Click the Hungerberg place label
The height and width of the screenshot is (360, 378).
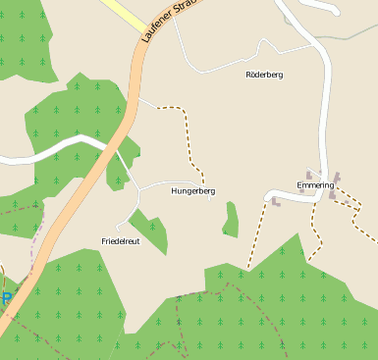pyautogui.click(x=192, y=191)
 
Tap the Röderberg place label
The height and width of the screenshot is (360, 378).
pyautogui.click(x=263, y=75)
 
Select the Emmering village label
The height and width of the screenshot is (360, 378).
pyautogui.click(x=315, y=184)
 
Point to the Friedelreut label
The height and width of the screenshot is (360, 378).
pyautogui.click(x=120, y=240)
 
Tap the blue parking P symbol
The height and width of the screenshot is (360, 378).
pyautogui.click(x=5, y=298)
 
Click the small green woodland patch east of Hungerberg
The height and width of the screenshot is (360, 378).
pyautogui.click(x=231, y=221)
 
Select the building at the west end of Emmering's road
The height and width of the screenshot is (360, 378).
pyautogui.click(x=275, y=202)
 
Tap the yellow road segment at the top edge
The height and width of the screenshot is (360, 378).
pyautogui.click(x=123, y=12)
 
